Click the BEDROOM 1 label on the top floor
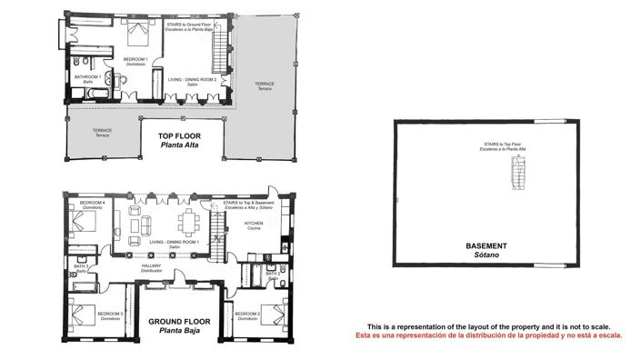135,60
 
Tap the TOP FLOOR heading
179,136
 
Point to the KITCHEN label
255,223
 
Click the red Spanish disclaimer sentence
488,335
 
